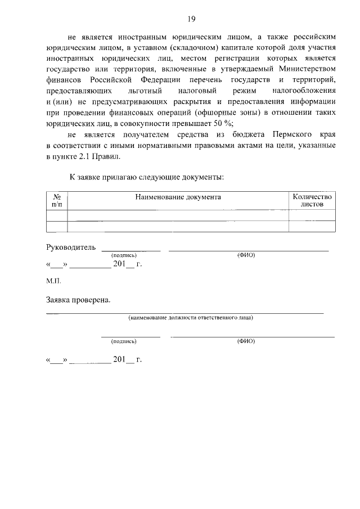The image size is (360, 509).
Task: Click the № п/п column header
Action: click(x=56, y=201)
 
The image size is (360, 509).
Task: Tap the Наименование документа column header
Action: click(x=178, y=197)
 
